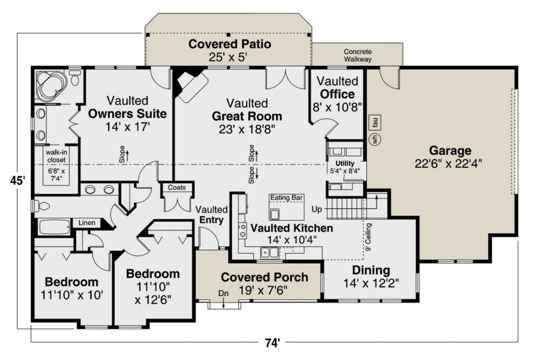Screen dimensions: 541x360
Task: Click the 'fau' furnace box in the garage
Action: [375, 123]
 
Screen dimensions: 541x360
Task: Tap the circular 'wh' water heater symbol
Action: [375, 139]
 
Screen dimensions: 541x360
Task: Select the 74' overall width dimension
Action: [273, 343]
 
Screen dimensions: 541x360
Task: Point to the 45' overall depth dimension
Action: [18, 180]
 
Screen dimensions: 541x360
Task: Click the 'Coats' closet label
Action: [177, 187]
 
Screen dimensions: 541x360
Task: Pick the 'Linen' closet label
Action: [87, 223]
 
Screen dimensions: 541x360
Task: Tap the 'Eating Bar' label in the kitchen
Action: [286, 197]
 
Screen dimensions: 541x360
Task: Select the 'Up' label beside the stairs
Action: [316, 210]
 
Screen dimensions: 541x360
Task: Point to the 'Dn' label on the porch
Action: [224, 293]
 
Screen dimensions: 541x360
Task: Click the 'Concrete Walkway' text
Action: [358, 55]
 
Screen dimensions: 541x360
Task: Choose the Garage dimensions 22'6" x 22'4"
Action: [448, 164]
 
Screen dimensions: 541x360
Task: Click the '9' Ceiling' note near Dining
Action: [368, 237]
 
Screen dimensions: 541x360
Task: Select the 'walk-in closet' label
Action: [56, 156]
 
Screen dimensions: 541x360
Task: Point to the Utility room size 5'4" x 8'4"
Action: [345, 171]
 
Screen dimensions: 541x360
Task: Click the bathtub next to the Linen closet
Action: [55, 227]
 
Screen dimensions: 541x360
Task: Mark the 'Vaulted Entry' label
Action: [211, 214]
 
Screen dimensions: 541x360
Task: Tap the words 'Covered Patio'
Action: [229, 44]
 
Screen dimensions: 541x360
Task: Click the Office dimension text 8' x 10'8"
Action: [338, 107]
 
